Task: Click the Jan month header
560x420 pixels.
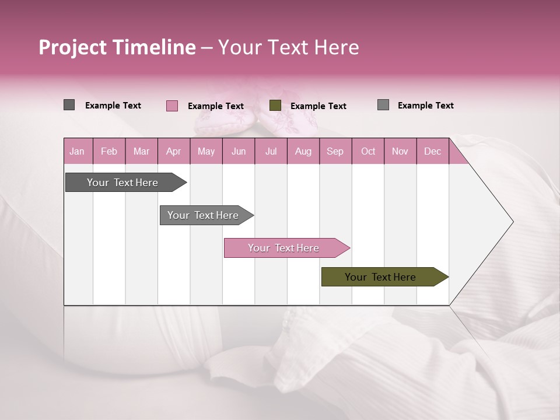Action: click(77, 151)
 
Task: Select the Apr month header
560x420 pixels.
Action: click(173, 151)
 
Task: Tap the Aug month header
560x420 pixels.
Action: click(303, 151)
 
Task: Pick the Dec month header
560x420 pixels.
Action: click(432, 151)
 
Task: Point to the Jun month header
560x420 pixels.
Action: click(238, 151)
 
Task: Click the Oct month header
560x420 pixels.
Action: click(367, 151)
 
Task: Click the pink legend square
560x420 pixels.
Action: click(172, 106)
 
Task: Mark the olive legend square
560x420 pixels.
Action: click(275, 106)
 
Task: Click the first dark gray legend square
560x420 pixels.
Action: click(69, 105)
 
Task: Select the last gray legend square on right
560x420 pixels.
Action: click(383, 105)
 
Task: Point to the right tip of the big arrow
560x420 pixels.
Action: click(512, 222)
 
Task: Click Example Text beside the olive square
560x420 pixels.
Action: click(318, 106)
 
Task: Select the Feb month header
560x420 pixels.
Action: click(109, 151)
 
